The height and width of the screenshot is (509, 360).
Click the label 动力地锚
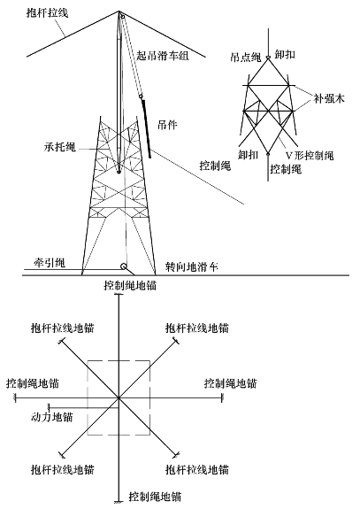(x=51, y=417)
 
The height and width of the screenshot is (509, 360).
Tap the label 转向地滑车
(x=192, y=266)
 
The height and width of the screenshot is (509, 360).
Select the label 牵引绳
(x=50, y=262)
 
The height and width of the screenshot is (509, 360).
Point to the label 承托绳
(x=59, y=147)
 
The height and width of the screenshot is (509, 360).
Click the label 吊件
(x=167, y=125)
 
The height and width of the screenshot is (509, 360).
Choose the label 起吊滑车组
(x=163, y=56)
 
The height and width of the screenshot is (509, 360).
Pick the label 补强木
(x=328, y=98)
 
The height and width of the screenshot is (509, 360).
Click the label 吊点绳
(x=246, y=58)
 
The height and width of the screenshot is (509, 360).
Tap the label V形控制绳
(x=310, y=156)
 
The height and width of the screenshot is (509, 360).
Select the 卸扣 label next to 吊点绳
(x=285, y=54)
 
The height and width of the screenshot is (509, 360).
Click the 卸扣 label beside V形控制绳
(x=248, y=155)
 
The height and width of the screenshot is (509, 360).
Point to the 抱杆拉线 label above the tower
(x=47, y=13)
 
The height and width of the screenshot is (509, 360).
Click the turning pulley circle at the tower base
(x=124, y=266)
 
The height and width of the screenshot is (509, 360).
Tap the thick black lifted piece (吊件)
(x=146, y=129)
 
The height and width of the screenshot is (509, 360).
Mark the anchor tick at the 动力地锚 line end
(x=49, y=407)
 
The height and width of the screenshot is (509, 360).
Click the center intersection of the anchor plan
(x=119, y=397)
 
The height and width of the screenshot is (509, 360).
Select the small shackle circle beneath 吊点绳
(x=268, y=58)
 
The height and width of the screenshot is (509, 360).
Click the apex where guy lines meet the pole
(x=119, y=12)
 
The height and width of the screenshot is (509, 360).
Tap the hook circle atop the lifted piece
(x=141, y=96)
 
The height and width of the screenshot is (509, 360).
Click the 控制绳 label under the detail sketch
(x=286, y=169)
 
